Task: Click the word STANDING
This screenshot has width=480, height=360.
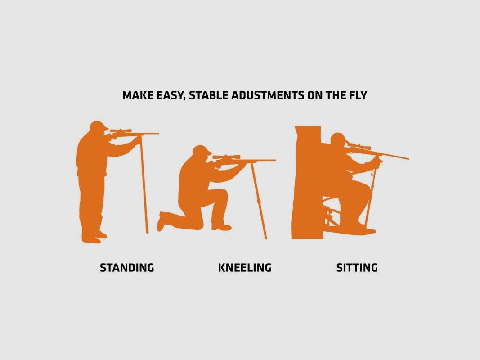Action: pyautogui.click(x=127, y=268)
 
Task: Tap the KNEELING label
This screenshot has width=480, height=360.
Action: pyautogui.click(x=245, y=268)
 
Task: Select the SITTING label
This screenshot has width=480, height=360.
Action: pyautogui.click(x=357, y=268)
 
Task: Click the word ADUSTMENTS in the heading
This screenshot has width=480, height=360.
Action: pyautogui.click(x=268, y=95)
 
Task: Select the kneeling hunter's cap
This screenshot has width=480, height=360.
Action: pyautogui.click(x=202, y=149)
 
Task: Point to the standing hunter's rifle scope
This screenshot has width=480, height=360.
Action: pyautogui.click(x=121, y=130)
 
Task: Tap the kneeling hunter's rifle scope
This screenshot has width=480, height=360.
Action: pyautogui.click(x=226, y=157)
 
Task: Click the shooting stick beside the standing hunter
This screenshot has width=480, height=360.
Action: pyautogui.click(x=144, y=184)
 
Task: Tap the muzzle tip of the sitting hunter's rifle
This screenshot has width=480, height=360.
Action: pyautogui.click(x=408, y=158)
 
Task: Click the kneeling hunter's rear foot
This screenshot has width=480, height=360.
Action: pyautogui.click(x=162, y=220)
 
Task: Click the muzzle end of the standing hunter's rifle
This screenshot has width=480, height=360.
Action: pyautogui.click(x=158, y=134)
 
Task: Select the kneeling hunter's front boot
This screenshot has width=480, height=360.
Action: pyautogui.click(x=221, y=227)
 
